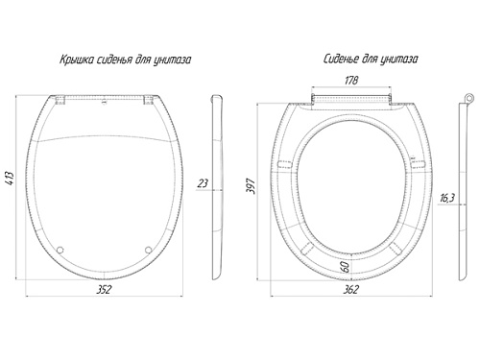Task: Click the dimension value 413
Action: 11,179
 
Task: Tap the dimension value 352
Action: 104,289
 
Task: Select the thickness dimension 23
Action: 203,183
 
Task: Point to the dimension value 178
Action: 351,80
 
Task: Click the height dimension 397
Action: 251,186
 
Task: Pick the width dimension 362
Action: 351,289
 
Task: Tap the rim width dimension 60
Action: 347,267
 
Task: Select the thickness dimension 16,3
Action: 447,199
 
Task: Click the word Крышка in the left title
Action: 77,60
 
